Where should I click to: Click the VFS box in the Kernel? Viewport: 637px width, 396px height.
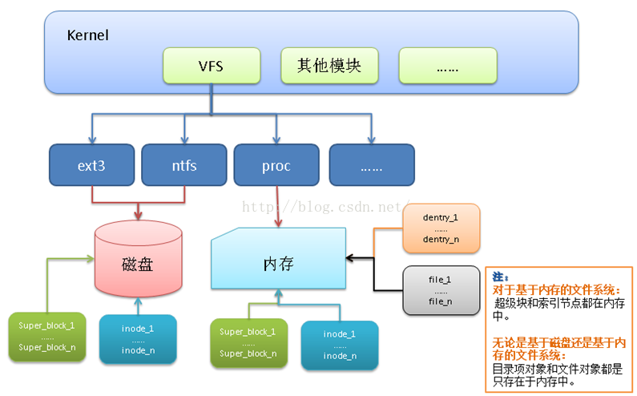[212, 66]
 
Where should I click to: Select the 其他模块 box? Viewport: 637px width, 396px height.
[329, 66]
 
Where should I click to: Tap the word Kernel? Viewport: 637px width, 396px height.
[88, 35]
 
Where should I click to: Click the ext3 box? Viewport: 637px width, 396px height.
[92, 165]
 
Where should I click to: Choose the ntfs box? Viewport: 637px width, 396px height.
[184, 165]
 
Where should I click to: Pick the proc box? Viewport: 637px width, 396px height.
[276, 165]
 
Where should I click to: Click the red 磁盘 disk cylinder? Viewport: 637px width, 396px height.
[138, 259]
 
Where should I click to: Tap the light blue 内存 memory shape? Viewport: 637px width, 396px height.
[278, 259]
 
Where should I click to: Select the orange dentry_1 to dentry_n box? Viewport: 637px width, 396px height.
[441, 228]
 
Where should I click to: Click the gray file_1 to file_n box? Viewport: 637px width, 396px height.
[441, 290]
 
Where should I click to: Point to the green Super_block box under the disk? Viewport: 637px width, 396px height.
[47, 337]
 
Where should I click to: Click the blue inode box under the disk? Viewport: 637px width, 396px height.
[138, 339]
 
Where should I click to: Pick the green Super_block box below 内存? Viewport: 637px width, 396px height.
[248, 343]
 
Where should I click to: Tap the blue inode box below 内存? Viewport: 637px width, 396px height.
[340, 345]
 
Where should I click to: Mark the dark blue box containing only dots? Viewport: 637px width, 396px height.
[372, 165]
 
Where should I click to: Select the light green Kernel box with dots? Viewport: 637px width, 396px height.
[448, 66]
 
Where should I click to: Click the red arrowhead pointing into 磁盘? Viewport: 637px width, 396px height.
[138, 216]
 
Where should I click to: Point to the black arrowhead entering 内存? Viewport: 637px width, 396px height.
[350, 258]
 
